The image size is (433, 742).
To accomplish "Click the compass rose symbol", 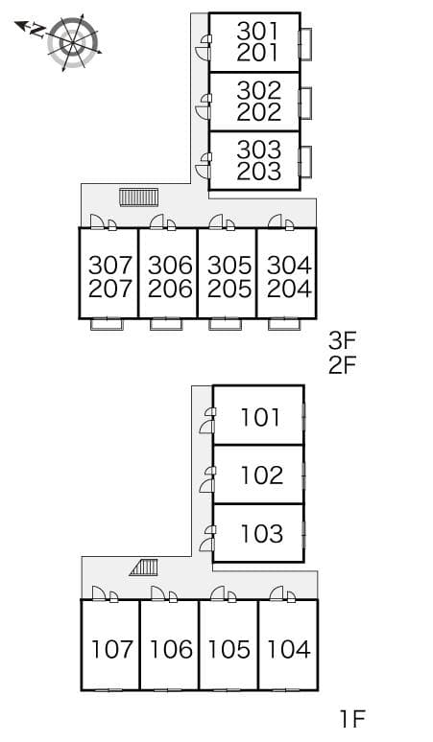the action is [x=73, y=42].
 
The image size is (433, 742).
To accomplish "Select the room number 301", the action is [x=258, y=32].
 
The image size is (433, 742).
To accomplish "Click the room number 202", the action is [x=258, y=112].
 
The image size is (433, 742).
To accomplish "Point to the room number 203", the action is [x=258, y=172].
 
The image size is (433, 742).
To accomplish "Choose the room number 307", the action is [x=109, y=266].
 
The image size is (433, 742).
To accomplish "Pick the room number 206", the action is [x=170, y=289].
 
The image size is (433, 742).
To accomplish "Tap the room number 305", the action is [x=229, y=266].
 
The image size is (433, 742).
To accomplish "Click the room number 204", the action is [x=289, y=289].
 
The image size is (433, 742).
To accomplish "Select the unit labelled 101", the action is [x=260, y=417].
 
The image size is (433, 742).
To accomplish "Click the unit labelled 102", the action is [x=262, y=475].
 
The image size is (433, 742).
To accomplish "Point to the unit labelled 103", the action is [x=262, y=534].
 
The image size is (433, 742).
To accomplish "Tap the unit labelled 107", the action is [x=111, y=649].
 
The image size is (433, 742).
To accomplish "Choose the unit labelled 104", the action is [x=289, y=649].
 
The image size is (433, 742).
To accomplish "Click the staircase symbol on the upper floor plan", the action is [x=138, y=197].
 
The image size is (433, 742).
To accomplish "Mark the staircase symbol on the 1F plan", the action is [x=144, y=568].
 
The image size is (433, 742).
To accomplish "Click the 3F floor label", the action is [x=342, y=339].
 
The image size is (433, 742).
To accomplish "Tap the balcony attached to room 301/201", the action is [x=305, y=44].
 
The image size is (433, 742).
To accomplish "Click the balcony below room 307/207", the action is [x=107, y=324].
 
